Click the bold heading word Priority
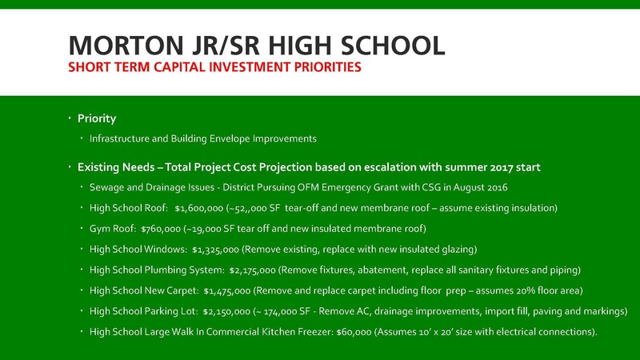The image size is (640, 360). pos(97,118)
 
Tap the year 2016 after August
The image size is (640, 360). pos(497,188)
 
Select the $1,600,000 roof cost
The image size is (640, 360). pos(198,208)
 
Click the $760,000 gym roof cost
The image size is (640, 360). pos(161,229)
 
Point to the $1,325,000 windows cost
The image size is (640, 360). pos(215,250)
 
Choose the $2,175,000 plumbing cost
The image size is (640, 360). pos(252,270)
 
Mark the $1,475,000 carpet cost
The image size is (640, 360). pos(227,290)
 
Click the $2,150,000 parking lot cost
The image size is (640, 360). pos(226,311)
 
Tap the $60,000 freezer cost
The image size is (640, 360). pos(354,332)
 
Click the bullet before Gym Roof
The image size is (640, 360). pos(82,228)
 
